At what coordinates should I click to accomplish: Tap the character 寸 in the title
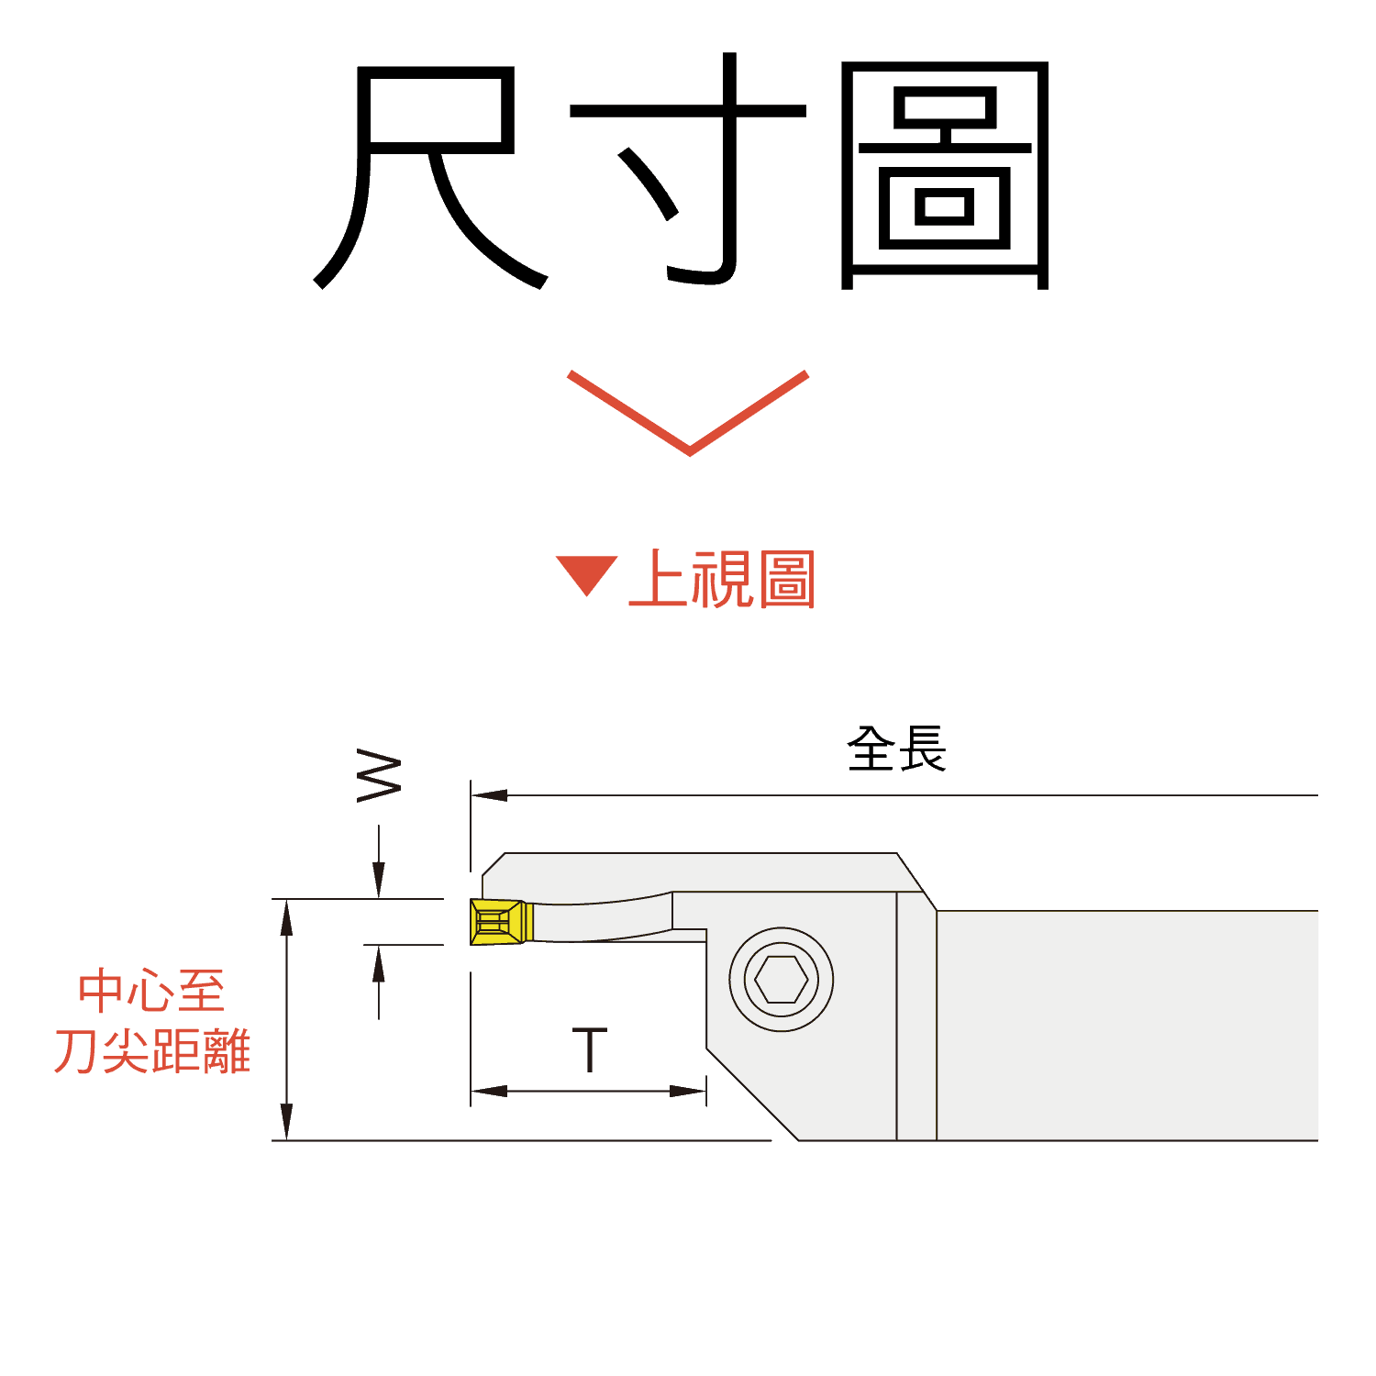coord(688,170)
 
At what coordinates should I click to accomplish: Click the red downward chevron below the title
coord(688,413)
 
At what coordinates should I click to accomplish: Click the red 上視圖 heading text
coord(722,579)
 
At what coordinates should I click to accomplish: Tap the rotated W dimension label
coord(379,776)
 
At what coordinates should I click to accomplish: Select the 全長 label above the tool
coord(896,749)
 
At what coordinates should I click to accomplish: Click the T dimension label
coord(589,1050)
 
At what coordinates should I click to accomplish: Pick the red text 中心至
coord(151,991)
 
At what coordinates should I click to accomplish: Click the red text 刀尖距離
coord(151,1050)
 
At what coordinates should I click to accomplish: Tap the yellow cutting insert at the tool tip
coord(501,921)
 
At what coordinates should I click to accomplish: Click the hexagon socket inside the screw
coord(782,980)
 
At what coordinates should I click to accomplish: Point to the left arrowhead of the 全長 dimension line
coord(489,794)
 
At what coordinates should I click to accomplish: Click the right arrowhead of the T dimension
coord(688,1091)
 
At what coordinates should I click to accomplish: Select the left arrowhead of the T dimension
coord(489,1091)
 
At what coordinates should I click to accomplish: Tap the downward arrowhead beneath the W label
coord(379,881)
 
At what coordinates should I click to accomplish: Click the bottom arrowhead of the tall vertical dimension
coord(287,1122)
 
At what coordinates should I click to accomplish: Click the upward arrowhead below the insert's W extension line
coord(379,963)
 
